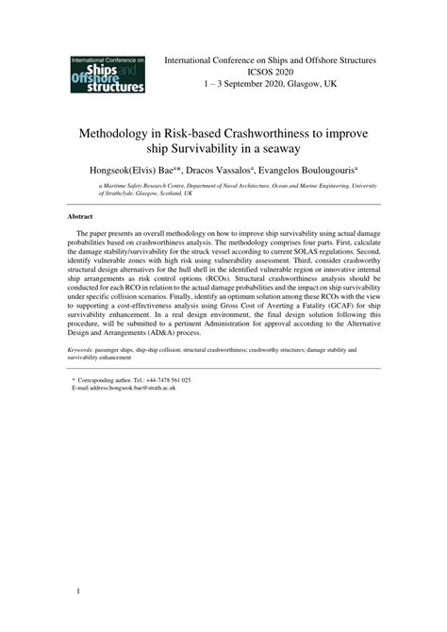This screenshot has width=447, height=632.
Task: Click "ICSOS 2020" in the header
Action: pyautogui.click(x=271, y=72)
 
